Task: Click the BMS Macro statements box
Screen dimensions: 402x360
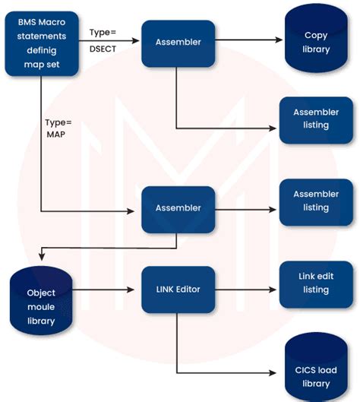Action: point(43,43)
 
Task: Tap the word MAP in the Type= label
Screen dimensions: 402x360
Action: point(56,135)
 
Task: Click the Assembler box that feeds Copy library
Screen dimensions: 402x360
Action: point(178,42)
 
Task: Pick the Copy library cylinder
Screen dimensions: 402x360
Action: point(316,42)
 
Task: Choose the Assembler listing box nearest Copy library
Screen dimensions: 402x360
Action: point(316,119)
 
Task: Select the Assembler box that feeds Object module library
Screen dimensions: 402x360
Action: point(178,207)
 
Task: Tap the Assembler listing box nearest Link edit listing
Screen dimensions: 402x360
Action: point(316,201)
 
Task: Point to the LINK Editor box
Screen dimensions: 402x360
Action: point(178,290)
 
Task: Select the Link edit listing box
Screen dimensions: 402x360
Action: point(316,283)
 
